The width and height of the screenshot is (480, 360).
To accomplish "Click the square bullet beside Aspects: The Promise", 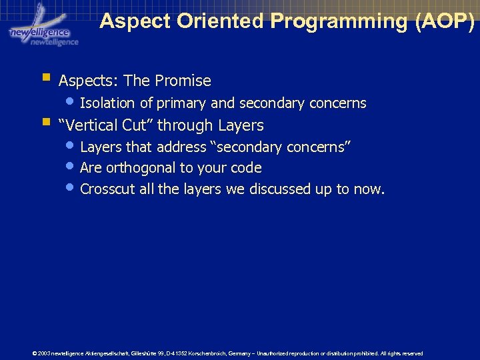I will [45, 79].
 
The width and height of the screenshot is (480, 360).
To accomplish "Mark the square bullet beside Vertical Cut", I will [45, 123].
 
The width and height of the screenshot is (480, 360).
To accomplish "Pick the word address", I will [181, 147].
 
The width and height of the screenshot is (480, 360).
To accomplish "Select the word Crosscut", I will [108, 189].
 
